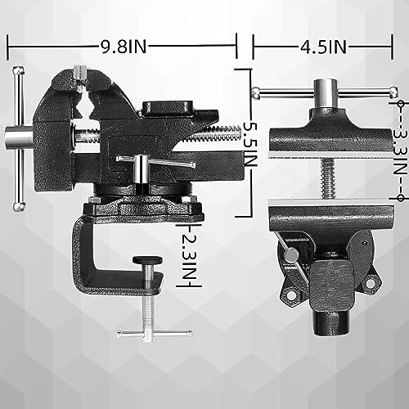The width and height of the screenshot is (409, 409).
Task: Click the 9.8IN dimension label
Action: click(121, 47)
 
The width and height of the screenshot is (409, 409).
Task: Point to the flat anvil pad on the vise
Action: click(169, 107)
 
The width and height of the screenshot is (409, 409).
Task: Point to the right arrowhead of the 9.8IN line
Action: click(234, 47)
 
